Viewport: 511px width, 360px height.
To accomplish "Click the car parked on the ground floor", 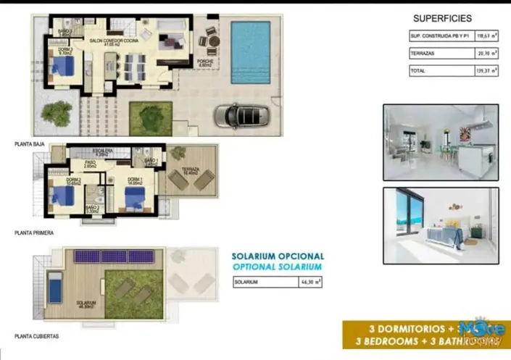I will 241,115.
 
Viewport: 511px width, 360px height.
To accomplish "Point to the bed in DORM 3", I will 63,67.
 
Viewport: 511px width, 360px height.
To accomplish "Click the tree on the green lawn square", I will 151,115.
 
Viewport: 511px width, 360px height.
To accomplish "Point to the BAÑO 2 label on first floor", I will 92,208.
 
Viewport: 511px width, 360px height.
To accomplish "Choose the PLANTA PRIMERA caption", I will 34,233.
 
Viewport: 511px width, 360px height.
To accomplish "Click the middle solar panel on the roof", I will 113,256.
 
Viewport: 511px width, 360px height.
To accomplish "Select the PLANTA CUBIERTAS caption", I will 37,337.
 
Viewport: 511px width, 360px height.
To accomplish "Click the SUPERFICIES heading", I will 442,19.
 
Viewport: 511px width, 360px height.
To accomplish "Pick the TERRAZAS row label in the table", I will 423,53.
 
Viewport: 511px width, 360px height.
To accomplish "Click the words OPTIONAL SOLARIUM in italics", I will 278,267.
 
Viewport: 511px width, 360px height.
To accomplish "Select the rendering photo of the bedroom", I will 441,218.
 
